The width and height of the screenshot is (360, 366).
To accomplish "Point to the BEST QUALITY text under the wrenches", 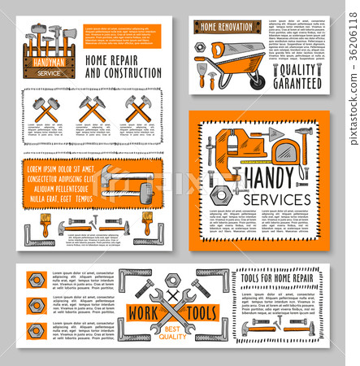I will point(172,331).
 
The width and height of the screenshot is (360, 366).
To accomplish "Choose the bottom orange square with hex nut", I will point(36,331).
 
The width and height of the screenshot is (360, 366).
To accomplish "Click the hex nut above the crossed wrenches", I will point(172,281).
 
